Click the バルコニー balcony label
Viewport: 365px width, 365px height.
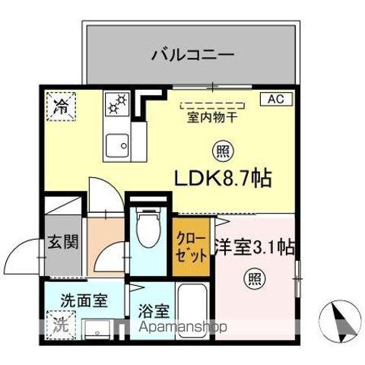[191, 55]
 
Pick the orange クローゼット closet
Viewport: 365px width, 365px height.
[189, 246]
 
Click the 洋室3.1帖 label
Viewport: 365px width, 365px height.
[255, 246]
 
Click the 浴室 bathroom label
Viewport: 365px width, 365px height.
[153, 312]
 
